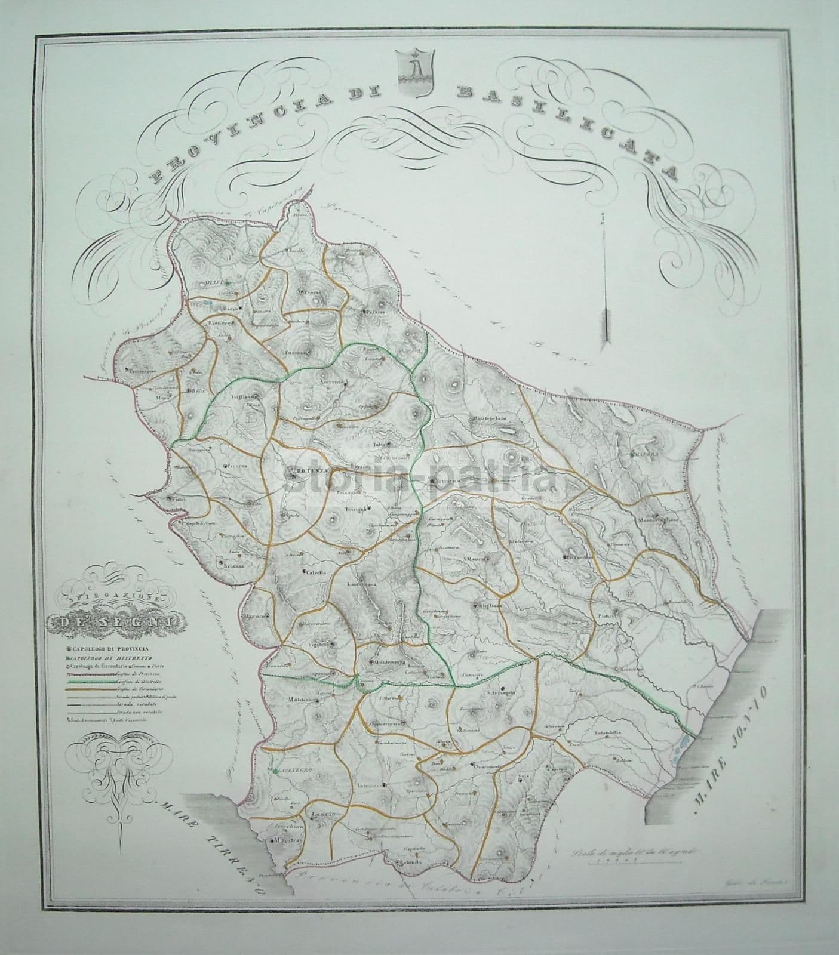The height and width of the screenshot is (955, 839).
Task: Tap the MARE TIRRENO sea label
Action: coord(212,851)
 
